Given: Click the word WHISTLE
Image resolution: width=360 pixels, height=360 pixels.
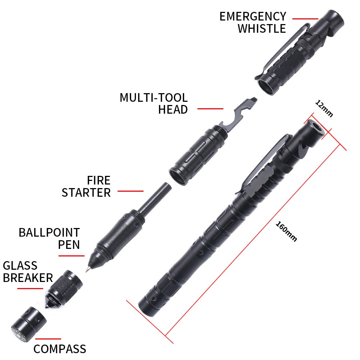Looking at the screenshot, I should [x=261, y=28].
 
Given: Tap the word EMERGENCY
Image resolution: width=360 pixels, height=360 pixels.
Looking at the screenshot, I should [x=253, y=16].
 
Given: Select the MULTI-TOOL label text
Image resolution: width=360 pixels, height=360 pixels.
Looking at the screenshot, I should [x=154, y=97].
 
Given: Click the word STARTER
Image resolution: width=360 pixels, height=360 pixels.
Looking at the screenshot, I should [x=86, y=192].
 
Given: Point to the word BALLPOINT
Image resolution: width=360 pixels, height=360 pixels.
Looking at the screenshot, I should [x=49, y=232].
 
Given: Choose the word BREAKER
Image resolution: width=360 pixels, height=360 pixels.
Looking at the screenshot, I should [x=28, y=278].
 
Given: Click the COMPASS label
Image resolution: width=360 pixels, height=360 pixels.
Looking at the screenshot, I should [x=60, y=348].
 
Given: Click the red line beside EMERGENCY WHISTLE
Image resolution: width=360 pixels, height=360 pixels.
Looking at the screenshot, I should [x=305, y=19].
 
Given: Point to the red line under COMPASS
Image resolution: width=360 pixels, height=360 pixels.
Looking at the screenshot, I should [x=48, y=338].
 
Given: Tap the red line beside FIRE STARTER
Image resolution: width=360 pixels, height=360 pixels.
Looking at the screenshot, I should [x=130, y=191].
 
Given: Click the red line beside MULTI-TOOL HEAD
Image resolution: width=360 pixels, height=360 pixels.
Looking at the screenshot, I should [x=210, y=108].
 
